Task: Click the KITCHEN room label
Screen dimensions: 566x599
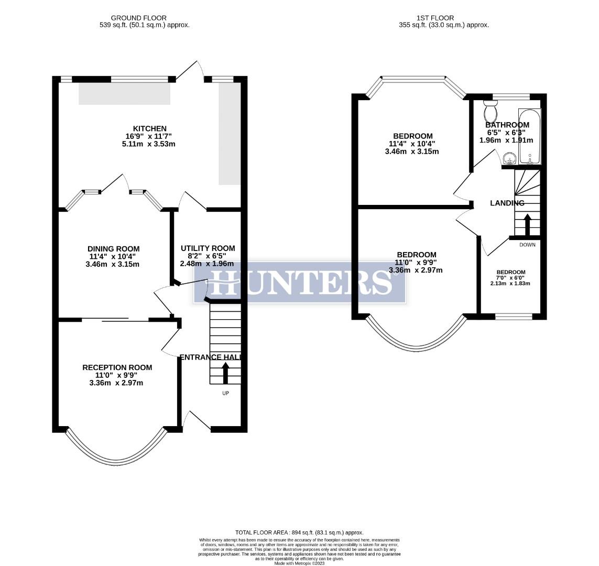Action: pos(150,128)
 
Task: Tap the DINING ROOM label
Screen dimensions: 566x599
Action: pos(113,249)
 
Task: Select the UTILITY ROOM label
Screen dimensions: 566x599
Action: pos(208,248)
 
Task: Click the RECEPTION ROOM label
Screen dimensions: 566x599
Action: pos(117,367)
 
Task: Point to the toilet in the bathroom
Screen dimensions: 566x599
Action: pos(491,112)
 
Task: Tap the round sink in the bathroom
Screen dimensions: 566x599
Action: pos(507,158)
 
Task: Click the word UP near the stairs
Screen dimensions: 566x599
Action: pos(226,393)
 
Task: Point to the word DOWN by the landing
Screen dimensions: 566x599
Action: pos(527,245)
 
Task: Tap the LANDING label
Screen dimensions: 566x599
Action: pos(507,203)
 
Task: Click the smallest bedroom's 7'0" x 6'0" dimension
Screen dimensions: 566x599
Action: pos(510,278)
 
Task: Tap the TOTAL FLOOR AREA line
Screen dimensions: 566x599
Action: pos(299,532)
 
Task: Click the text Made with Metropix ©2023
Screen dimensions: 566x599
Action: pos(299,563)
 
